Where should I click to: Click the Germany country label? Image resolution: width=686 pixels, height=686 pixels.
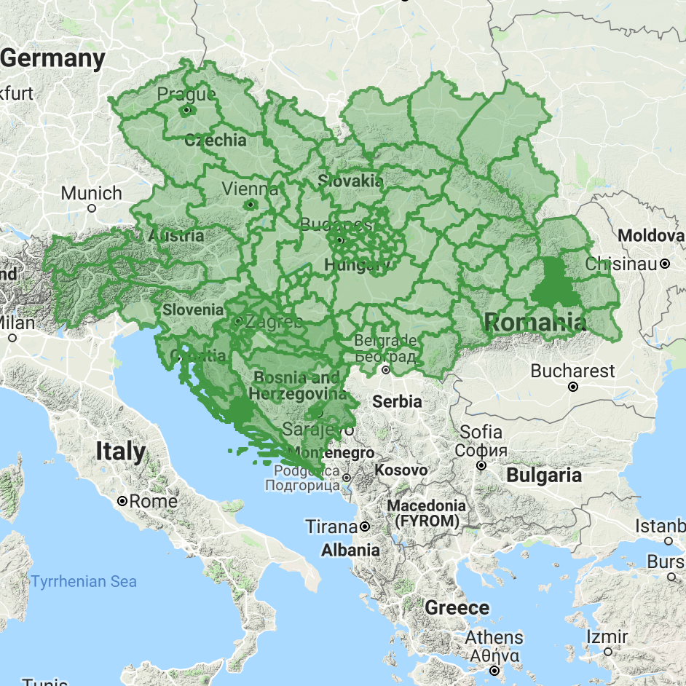(53, 59)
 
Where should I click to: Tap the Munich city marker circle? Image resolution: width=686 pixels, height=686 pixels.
(92, 208)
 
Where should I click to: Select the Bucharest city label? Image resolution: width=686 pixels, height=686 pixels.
(572, 371)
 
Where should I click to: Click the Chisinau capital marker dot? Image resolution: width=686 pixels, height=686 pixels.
(665, 264)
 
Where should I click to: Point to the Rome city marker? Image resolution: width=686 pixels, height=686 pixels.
(123, 501)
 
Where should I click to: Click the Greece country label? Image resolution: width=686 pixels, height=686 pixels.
(457, 607)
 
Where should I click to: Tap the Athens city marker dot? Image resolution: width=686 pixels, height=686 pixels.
(494, 670)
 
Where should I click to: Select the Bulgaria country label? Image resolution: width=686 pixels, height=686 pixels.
(544, 476)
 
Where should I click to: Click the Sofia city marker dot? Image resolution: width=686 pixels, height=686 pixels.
(481, 465)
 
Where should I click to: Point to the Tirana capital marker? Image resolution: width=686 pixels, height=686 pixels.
(365, 526)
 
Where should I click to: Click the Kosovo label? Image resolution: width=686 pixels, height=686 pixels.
(401, 470)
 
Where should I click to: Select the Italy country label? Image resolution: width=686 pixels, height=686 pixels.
(120, 452)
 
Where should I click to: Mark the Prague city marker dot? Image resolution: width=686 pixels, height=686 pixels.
(187, 110)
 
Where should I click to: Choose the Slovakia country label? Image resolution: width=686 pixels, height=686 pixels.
(350, 180)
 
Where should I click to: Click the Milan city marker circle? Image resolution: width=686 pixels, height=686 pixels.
(13, 338)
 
